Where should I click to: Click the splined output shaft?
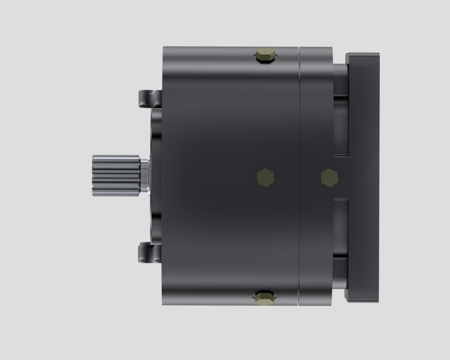pyautogui.click(x=116, y=175)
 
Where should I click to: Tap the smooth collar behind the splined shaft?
pyautogui.click(x=144, y=175)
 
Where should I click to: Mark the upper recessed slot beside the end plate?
pyautogui.click(x=341, y=130)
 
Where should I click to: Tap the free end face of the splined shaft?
pyautogui.click(x=94, y=175)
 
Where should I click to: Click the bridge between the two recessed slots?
pyautogui.click(x=341, y=177)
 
